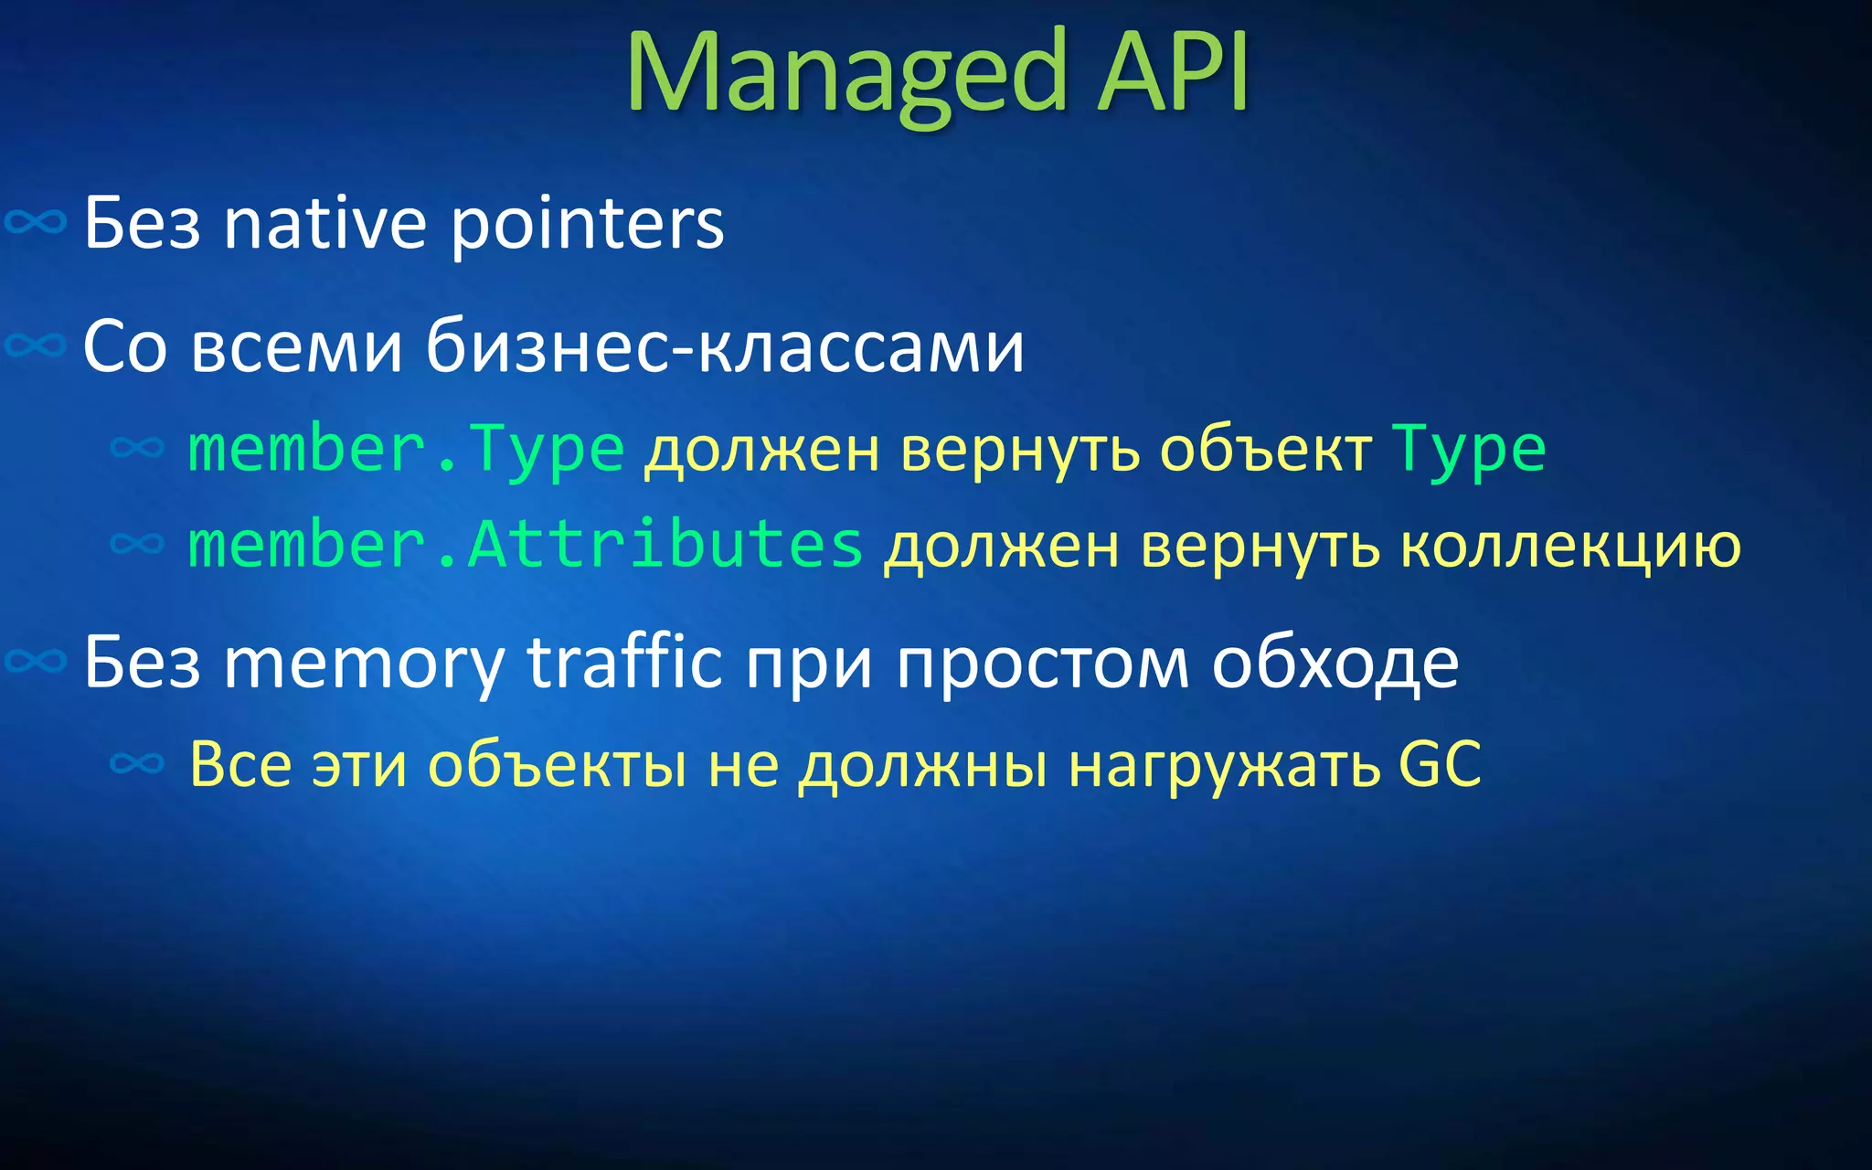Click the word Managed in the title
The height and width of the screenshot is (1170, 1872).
tap(846, 73)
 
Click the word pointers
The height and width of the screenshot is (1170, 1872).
tap(587, 225)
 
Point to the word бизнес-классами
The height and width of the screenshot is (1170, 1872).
tap(725, 347)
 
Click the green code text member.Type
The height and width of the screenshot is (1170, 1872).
tap(406, 450)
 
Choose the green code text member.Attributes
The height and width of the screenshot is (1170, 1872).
tap(525, 545)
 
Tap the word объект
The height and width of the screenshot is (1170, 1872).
tap(1265, 450)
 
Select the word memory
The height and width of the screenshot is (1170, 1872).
tap(364, 664)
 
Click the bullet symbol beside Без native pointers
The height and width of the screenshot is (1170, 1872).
tap(36, 222)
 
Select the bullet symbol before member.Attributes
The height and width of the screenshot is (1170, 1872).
tap(137, 544)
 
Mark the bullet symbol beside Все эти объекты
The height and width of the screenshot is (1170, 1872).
tap(137, 763)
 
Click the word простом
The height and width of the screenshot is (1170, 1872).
tap(1042, 664)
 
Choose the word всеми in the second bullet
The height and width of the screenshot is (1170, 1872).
tap(297, 347)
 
